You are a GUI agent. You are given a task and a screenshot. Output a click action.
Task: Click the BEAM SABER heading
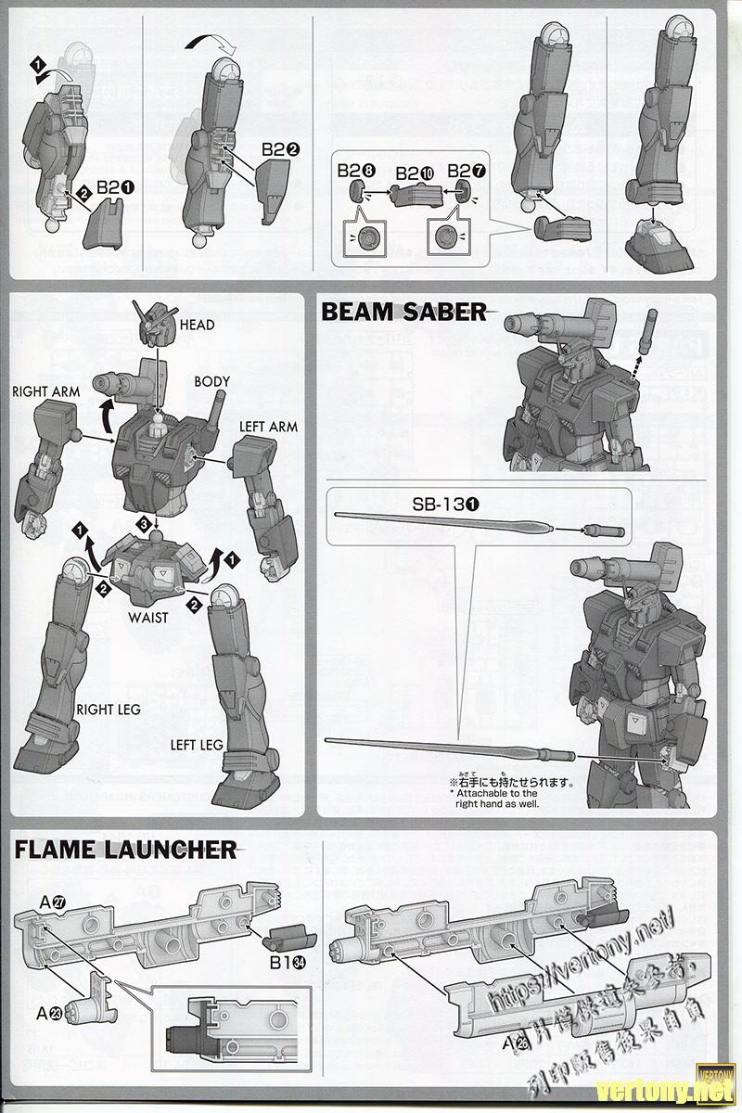403,312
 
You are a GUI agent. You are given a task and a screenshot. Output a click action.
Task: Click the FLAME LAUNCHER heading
125,849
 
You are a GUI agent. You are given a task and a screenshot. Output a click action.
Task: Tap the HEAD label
198,325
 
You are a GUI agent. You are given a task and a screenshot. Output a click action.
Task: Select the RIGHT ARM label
46,391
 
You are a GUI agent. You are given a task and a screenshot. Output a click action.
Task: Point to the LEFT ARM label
268,427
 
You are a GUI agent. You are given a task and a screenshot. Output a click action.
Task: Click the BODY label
212,381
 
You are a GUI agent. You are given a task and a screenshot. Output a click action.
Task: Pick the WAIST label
148,617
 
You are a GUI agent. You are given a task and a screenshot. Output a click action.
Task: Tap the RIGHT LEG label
109,710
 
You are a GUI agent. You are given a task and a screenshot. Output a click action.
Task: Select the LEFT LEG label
197,745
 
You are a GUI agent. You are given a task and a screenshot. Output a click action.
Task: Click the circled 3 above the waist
144,524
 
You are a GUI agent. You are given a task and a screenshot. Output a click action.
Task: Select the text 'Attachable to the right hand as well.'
496,799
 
